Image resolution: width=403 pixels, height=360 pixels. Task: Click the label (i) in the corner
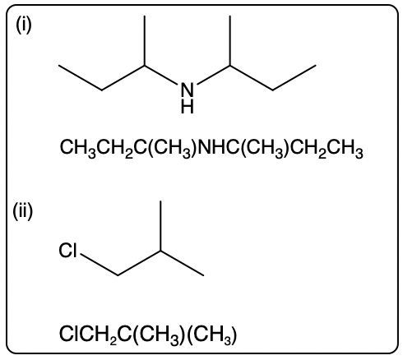(24, 25)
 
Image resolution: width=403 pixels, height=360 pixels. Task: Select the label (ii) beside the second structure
(23, 211)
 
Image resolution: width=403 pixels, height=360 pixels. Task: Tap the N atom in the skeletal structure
(188, 89)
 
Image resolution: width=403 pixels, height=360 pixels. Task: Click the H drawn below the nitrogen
(188, 106)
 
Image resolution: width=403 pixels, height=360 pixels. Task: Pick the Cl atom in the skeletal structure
(67, 251)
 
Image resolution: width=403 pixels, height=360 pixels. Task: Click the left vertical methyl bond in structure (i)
(145, 41)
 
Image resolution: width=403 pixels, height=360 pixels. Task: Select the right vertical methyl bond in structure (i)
(230, 41)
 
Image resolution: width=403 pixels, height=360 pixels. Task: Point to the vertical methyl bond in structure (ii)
(160, 226)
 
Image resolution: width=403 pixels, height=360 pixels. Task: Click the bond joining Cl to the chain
(100, 265)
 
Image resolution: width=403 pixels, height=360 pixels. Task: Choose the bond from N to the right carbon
(214, 75)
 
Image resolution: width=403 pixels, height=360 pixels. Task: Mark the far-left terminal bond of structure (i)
(81, 77)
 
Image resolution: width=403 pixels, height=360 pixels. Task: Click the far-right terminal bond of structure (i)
(294, 77)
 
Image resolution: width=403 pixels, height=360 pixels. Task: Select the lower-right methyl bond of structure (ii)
(182, 263)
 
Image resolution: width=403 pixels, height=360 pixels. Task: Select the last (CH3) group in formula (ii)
(212, 335)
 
